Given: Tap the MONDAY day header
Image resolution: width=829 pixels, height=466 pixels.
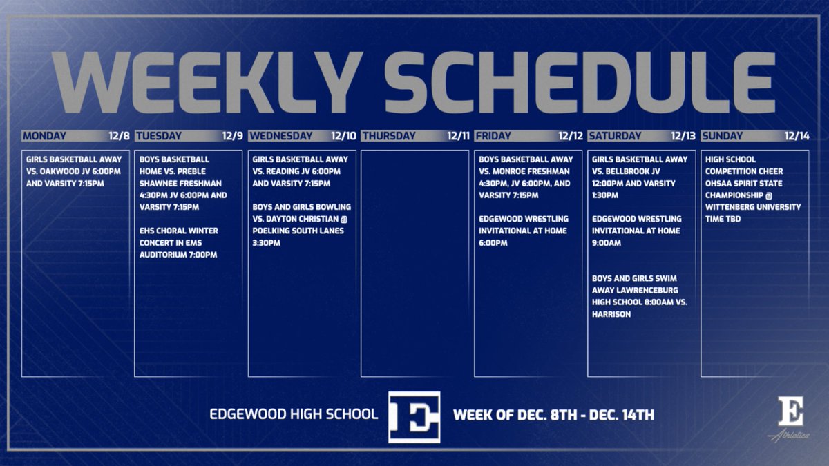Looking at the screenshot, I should coord(44,136).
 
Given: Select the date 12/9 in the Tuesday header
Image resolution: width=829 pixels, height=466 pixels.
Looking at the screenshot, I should coord(232,136).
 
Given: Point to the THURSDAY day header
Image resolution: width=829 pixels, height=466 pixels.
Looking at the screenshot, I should coord(389,136).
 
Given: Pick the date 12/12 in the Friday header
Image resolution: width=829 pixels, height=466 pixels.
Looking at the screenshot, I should coord(570,136).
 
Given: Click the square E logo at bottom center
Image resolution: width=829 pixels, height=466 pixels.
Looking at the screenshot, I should coord(414,416).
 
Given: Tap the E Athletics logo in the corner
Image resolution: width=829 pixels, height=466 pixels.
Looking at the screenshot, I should coord(791,418).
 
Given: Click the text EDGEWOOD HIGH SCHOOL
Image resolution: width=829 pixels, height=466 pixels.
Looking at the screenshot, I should coord(294,415).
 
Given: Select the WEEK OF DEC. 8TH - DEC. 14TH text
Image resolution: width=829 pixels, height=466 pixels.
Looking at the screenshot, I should coord(553,416).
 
